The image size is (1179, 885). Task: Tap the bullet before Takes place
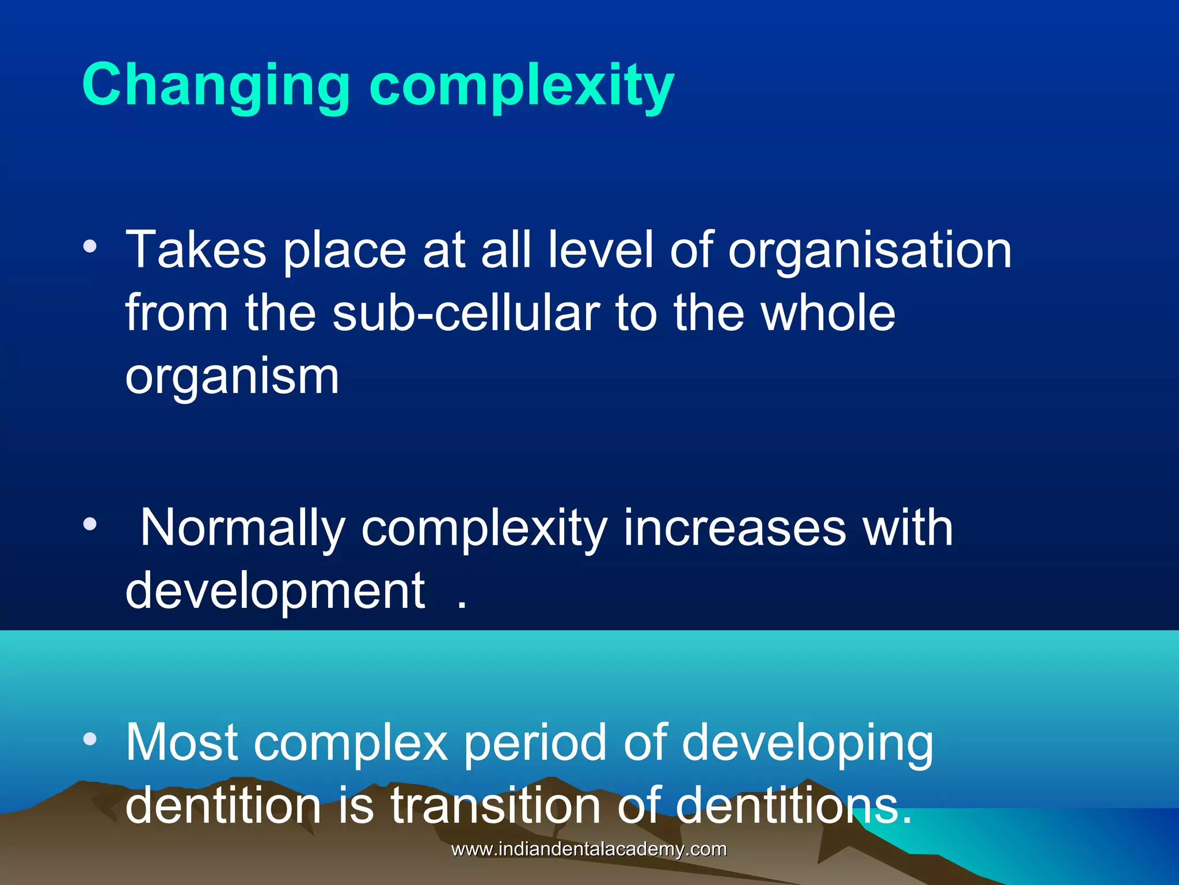click(x=90, y=247)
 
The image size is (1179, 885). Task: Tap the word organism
click(x=232, y=378)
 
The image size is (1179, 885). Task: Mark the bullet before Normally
click(x=90, y=524)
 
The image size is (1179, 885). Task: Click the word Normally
click(x=242, y=529)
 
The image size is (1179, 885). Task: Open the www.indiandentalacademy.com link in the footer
click(x=589, y=849)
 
